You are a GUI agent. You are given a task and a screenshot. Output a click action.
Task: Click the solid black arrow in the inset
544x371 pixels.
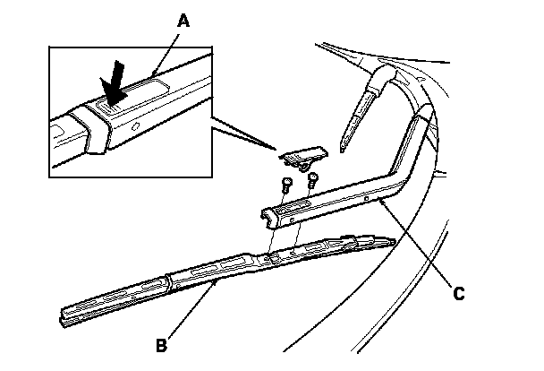click(114, 90)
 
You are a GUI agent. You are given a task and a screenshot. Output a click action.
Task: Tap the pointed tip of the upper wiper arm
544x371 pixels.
click(344, 142)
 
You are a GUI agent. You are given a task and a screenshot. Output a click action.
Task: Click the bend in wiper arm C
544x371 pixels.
click(397, 176)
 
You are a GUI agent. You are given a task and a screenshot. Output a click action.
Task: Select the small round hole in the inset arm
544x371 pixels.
click(135, 128)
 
